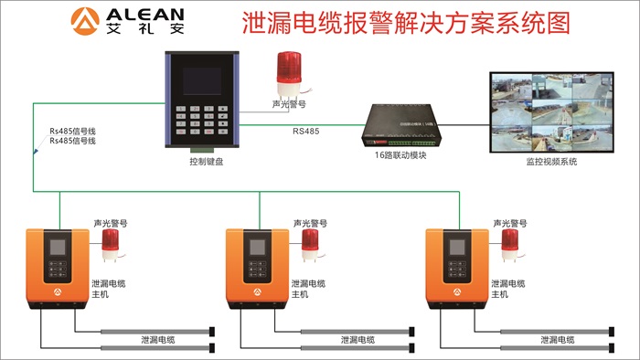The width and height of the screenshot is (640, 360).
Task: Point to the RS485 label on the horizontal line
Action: (305, 132)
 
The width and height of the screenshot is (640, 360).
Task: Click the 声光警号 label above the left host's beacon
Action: (111, 222)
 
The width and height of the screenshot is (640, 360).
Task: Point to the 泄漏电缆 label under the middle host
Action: (357, 340)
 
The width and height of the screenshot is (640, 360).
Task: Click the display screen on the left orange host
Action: (57, 248)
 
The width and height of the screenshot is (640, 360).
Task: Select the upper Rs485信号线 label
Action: (73, 132)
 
